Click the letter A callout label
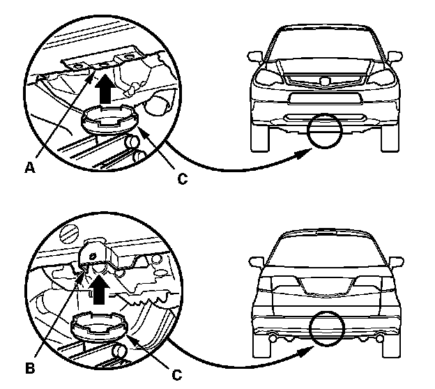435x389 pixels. coord(31,167)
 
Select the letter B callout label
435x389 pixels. coord(30,364)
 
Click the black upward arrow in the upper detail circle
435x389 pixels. coord(105,89)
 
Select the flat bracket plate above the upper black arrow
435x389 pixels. coord(102,63)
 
